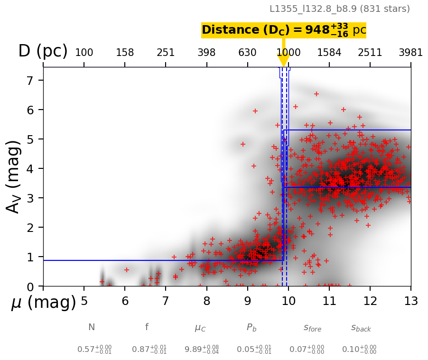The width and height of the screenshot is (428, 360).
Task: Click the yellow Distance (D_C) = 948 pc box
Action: (x=284, y=30)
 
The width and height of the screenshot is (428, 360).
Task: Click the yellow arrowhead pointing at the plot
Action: (x=283, y=60)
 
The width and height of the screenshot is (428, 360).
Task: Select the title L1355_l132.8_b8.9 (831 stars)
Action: (x=339, y=9)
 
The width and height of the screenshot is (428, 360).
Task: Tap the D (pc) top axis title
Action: (x=43, y=51)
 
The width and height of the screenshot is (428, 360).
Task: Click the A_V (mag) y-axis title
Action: (x=14, y=176)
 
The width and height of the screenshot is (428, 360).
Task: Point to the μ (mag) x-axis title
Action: (x=43, y=303)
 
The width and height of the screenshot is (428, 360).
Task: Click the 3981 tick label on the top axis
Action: (x=410, y=53)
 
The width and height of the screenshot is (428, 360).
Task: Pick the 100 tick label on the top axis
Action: (x=84, y=53)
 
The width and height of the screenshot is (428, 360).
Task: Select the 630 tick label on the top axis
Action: (x=247, y=53)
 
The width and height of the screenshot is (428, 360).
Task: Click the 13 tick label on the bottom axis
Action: (x=410, y=302)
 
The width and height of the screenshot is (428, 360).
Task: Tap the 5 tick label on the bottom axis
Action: (x=84, y=302)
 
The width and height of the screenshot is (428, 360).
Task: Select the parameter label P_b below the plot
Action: (x=251, y=327)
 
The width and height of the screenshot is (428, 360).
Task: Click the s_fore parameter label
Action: (x=312, y=328)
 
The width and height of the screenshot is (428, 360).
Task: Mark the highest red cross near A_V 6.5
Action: (x=316, y=94)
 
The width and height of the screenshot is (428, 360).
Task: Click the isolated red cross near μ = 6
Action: (x=127, y=270)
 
